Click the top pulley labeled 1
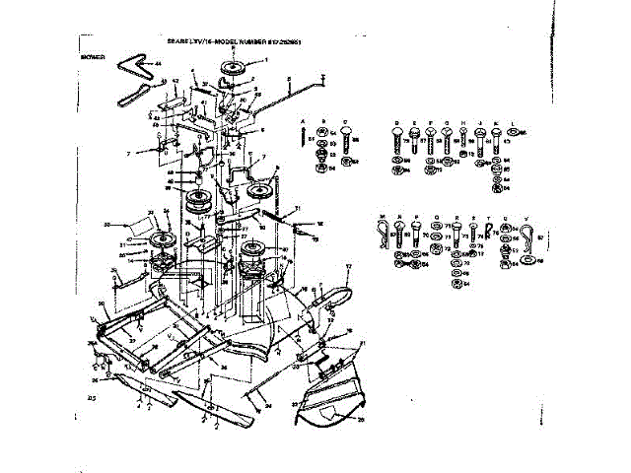point(237,68)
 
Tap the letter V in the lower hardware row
point(525,215)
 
